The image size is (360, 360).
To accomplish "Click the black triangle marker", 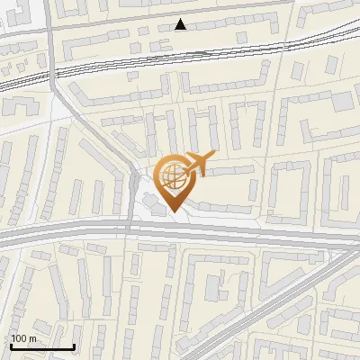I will click(x=181, y=24).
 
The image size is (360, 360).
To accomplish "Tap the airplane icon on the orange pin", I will click(x=198, y=164).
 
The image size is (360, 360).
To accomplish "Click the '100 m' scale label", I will click(x=23, y=338).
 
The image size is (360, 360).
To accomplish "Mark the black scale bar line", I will click(x=42, y=346).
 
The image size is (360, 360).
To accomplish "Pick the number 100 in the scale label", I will click(x=19, y=338).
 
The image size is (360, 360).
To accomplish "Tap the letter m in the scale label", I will click(x=32, y=339).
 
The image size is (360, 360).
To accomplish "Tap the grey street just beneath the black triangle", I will click(x=180, y=36).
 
